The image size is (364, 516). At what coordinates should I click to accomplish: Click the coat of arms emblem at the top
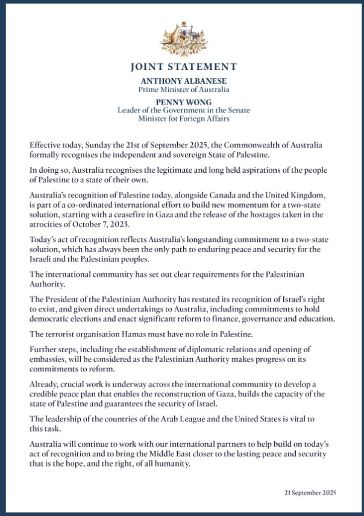[x=181, y=37]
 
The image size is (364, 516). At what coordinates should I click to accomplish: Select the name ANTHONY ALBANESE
[x=181, y=80]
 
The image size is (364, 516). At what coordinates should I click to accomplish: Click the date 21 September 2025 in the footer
[x=310, y=493]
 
